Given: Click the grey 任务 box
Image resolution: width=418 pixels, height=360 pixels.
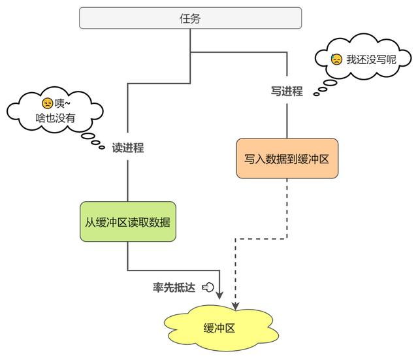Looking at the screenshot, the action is click(x=190, y=18).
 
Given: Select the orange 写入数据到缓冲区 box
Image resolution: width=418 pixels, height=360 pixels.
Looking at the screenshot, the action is click(x=287, y=158).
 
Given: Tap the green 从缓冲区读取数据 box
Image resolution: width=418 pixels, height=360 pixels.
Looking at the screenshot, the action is click(x=128, y=221).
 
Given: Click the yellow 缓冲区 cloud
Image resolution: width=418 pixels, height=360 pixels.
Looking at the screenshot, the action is click(x=221, y=328).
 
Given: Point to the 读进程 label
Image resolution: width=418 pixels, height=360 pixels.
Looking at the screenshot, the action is click(x=128, y=148).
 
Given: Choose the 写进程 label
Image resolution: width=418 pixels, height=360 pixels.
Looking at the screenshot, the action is click(x=287, y=91).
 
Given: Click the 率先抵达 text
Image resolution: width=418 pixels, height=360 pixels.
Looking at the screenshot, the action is click(x=174, y=287).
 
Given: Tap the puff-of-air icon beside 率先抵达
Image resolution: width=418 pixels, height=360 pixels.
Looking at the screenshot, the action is click(x=208, y=287).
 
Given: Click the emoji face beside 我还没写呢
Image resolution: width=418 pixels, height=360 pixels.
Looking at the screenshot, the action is click(x=336, y=59).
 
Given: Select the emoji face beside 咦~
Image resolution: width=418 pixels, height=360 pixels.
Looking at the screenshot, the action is click(x=48, y=103).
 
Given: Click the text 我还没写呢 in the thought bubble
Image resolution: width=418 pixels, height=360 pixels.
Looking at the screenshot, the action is click(x=371, y=59).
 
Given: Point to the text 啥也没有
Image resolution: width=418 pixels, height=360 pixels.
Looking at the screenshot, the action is click(x=55, y=118).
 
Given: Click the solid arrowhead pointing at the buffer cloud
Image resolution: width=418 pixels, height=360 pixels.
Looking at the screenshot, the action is click(x=219, y=295).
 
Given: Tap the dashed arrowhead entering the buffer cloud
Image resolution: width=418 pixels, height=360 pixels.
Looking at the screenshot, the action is click(x=235, y=306).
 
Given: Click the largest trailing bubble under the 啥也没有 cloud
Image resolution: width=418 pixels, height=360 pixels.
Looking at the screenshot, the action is click(x=88, y=136).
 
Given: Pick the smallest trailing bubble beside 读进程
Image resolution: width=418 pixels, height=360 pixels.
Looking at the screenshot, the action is click(x=102, y=147).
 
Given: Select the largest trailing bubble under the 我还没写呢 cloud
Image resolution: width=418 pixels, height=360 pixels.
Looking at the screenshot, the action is click(x=330, y=83).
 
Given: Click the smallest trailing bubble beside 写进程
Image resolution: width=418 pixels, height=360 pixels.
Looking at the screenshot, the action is click(x=316, y=94).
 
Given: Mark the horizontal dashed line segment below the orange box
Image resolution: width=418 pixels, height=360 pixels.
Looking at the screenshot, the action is click(x=261, y=238).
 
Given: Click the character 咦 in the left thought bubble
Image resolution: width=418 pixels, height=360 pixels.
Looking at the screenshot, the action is click(x=59, y=103).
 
